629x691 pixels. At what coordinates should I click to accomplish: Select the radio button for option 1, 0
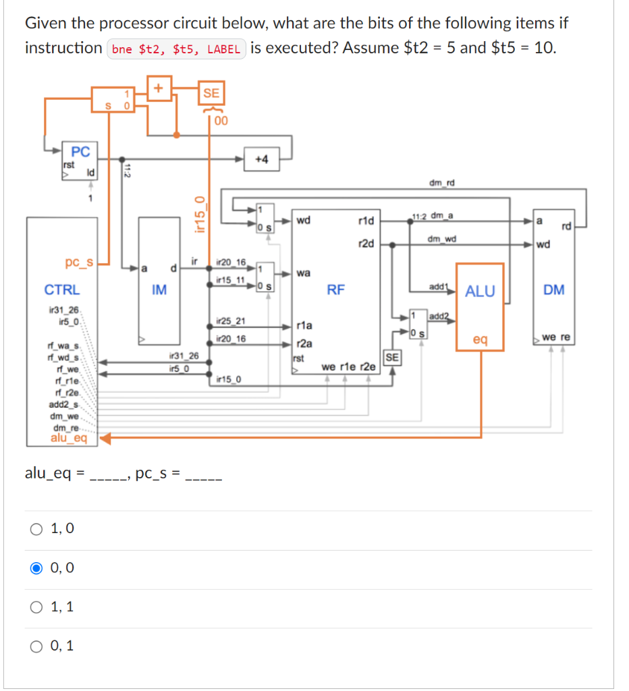36,529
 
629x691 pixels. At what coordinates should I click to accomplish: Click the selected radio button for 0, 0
36,568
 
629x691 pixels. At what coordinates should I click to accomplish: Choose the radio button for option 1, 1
36,607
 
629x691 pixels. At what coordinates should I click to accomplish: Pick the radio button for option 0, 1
36,646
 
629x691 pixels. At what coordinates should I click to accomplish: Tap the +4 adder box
262,159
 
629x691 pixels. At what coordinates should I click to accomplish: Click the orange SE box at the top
211,93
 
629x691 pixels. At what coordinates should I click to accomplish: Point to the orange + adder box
160,89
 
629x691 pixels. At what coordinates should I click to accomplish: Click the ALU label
480,291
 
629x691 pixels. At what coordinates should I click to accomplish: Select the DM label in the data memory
553,290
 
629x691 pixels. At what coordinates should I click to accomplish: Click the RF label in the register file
335,290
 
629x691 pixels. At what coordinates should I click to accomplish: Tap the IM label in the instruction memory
159,290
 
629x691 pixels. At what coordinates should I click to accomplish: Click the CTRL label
62,290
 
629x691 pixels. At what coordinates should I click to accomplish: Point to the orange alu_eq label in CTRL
69,439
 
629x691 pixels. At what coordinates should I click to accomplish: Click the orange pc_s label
79,260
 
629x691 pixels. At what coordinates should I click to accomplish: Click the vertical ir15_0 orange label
198,213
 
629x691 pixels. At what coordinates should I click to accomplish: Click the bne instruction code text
177,50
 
